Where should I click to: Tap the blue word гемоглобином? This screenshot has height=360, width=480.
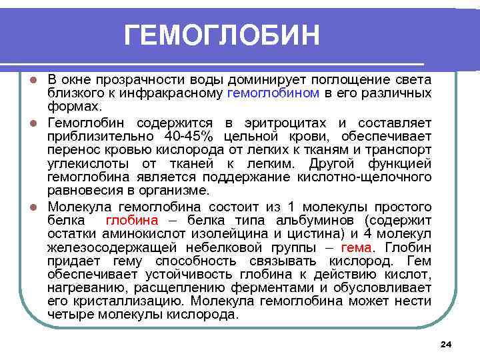(273, 93)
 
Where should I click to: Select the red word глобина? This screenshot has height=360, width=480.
(132, 221)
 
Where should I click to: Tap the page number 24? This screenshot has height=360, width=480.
(447, 344)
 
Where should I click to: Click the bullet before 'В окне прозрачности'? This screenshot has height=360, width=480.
(39, 81)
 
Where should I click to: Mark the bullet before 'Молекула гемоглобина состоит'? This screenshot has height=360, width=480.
(39, 207)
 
